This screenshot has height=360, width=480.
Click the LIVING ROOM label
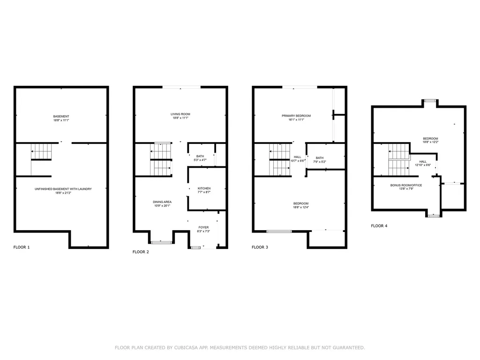point(180,114)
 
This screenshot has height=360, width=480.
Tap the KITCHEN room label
point(204,188)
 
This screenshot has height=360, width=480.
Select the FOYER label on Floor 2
point(203,227)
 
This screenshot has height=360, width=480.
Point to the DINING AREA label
point(161,202)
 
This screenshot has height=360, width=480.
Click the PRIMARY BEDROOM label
point(296,116)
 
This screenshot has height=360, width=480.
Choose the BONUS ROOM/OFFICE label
point(406,185)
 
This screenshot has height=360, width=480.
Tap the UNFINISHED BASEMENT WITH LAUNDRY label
point(63,189)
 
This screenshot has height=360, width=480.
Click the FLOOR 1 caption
point(22,247)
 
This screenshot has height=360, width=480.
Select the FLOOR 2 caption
point(141,252)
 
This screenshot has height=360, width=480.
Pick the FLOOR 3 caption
point(260,247)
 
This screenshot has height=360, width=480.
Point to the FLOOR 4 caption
point(379,225)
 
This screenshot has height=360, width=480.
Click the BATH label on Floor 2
point(200,157)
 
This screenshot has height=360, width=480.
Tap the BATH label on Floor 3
point(320,158)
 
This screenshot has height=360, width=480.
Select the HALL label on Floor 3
point(297,157)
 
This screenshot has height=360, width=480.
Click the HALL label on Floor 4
point(423,161)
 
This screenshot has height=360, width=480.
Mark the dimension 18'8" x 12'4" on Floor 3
point(301,207)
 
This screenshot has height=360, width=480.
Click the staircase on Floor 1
point(41,152)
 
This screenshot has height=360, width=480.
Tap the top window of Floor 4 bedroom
point(429,100)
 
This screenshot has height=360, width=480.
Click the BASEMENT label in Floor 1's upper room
point(61,116)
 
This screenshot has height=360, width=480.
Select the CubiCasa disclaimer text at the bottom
point(240,347)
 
